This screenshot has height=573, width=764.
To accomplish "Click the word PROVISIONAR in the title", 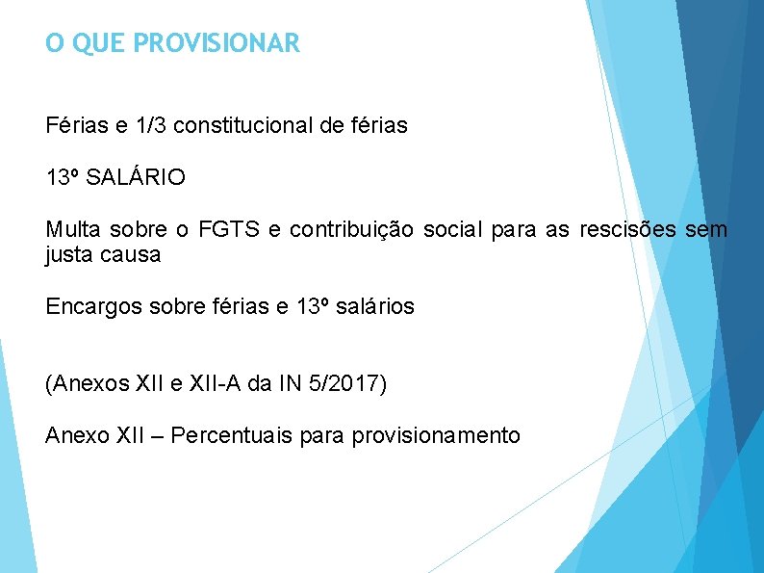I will [x=217, y=43].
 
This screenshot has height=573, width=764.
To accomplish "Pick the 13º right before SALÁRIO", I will [x=63, y=178].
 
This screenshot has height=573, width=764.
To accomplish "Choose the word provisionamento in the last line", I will [x=436, y=436].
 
